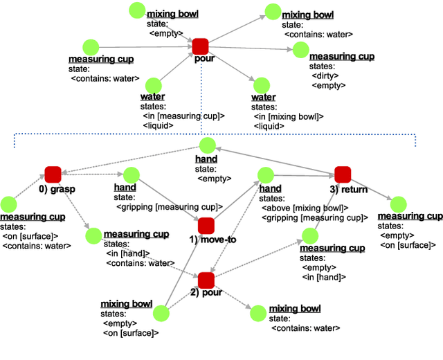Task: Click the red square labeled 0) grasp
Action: tap(53, 174)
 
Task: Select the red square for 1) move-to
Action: tap(206, 225)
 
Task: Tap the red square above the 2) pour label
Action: tap(206, 280)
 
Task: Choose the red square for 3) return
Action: tap(343, 174)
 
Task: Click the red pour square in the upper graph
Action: tap(200, 46)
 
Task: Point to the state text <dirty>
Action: tap(325, 75)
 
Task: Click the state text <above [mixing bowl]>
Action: tap(304, 208)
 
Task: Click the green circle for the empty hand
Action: tap(207, 145)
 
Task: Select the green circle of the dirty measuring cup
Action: tap(300, 49)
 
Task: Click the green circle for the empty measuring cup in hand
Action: tap(308, 236)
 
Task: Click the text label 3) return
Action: tap(347, 188)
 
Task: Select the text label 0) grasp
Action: tap(57, 189)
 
